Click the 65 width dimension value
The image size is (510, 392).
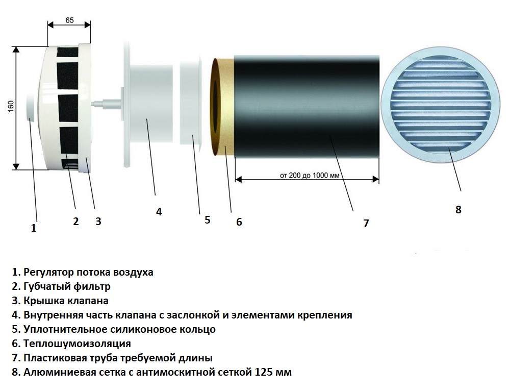69,20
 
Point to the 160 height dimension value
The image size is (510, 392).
11,107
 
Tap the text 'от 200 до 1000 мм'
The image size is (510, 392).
310,176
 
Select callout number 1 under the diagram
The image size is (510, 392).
34,228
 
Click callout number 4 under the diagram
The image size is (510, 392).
159,212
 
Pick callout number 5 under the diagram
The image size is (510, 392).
208,220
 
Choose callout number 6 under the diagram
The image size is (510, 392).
239,222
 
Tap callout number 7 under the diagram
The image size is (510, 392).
366,224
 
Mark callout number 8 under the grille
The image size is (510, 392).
458,210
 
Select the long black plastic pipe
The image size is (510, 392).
307,107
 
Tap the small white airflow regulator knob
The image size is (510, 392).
30,107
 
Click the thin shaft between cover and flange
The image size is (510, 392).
106,104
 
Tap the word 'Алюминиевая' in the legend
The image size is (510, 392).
58,372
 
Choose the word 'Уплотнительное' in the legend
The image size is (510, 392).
65,329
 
